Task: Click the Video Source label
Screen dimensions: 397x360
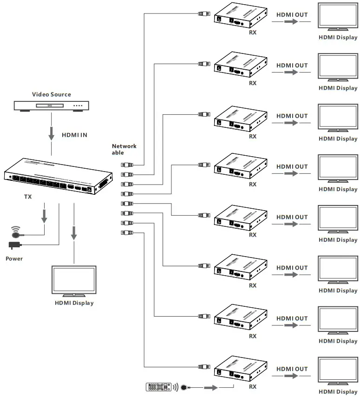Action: pyautogui.click(x=51, y=94)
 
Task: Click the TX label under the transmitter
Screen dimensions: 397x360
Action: pyautogui.click(x=28, y=197)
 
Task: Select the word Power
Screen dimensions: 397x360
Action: pyautogui.click(x=14, y=258)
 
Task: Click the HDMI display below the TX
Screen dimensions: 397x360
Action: pyautogui.click(x=74, y=280)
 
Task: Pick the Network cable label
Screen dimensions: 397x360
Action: pyautogui.click(x=124, y=149)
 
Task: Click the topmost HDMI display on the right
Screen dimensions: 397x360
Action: pyautogui.click(x=338, y=17)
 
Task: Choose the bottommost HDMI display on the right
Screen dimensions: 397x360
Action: pyautogui.click(x=338, y=372)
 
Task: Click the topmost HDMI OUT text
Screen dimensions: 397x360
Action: pyautogui.click(x=292, y=15)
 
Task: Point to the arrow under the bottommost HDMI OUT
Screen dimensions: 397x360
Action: pyautogui.click(x=291, y=376)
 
